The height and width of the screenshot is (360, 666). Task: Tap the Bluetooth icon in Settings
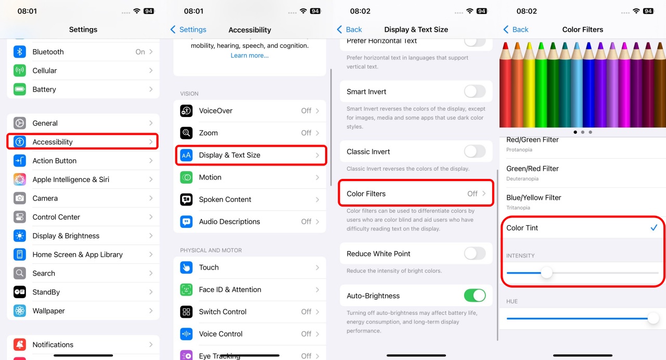coord(20,52)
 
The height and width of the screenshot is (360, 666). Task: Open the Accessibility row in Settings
coord(82,142)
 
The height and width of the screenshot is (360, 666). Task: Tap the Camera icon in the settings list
coord(20,198)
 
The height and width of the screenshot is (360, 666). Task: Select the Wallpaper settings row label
coord(48,311)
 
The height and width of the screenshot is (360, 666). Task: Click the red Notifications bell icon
coord(20,344)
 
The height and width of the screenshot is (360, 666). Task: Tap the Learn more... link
coord(249,55)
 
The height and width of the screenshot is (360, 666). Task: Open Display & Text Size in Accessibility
coord(251,155)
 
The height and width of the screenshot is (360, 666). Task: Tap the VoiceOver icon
coord(186,111)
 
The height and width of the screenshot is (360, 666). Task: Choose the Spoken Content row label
coord(225,199)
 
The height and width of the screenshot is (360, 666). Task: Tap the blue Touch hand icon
coord(186,267)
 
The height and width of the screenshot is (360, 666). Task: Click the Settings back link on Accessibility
coord(188,30)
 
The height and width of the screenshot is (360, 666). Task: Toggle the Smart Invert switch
coord(475,92)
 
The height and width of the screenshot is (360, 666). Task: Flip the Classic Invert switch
coord(475,151)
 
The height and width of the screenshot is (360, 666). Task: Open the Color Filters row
coord(416,194)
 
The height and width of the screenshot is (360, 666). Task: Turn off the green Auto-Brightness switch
coord(475,296)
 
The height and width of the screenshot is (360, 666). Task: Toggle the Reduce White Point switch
coord(475,253)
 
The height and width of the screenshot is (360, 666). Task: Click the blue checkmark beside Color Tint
coord(654,228)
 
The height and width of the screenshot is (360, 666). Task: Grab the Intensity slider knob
coord(546,273)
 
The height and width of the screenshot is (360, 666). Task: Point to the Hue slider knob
coord(653,318)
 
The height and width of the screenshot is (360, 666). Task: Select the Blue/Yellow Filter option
coord(534,198)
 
